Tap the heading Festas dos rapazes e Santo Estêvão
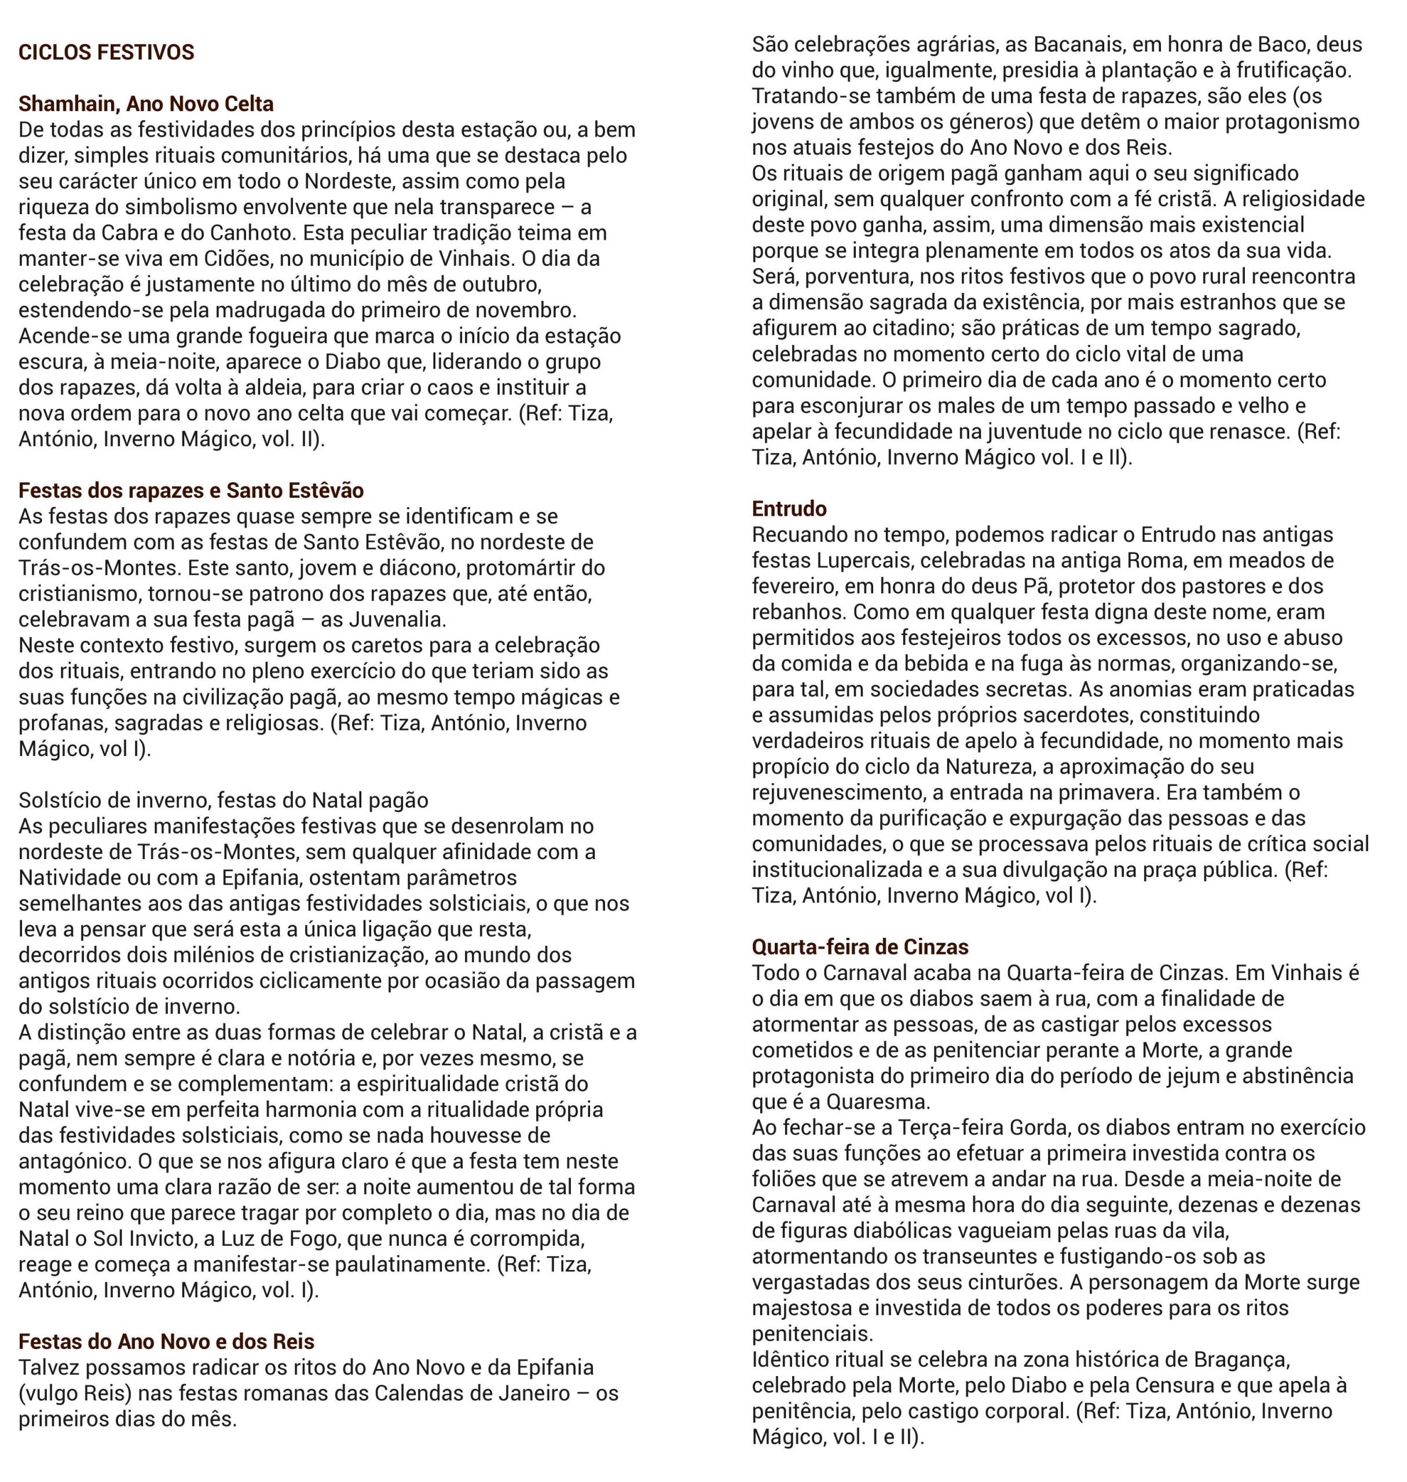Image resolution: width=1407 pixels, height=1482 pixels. click(190, 490)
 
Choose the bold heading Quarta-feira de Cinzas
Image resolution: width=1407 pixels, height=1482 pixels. click(860, 947)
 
